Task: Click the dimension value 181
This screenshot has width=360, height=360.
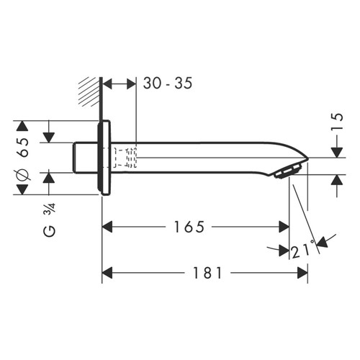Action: coord(207,274)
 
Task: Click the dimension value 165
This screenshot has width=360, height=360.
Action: coord(191,227)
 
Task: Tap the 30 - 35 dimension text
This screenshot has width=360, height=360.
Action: coord(167,84)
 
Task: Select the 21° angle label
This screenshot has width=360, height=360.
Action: coord(304,251)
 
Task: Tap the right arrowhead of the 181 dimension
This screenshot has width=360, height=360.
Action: coord(303,274)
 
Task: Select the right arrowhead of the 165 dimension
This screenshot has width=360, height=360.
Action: coord(284,227)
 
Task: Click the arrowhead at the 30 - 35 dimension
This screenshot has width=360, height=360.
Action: coord(130,84)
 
